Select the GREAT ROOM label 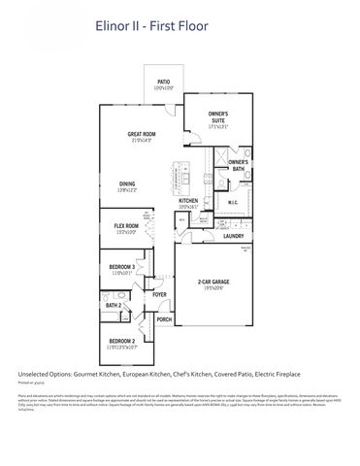(x=143, y=137)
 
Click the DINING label (x=128, y=183)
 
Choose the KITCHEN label (x=188, y=202)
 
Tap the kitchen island (x=180, y=174)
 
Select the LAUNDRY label (x=233, y=236)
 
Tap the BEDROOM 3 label (x=121, y=268)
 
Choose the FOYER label (x=159, y=294)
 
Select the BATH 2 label (x=113, y=306)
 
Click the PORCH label (x=164, y=319)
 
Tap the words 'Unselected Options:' (x=47, y=374)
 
